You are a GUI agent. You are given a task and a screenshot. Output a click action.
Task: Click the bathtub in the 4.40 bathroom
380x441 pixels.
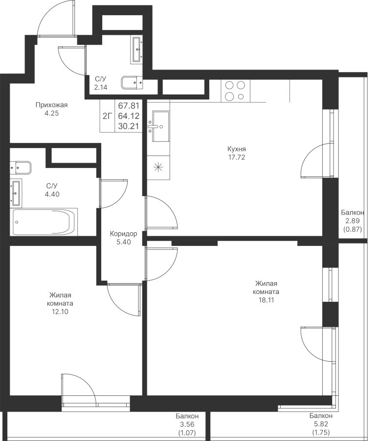point(44,222)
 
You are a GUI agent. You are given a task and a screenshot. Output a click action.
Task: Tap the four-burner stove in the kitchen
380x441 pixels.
point(235,91)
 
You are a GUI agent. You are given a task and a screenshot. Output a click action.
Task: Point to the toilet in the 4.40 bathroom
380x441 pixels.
point(21,168)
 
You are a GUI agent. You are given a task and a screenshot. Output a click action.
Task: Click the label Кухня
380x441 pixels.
point(237,149)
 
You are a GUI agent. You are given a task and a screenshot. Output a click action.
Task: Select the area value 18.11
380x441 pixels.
point(266,300)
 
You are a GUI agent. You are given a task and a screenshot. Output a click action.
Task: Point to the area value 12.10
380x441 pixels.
point(60,312)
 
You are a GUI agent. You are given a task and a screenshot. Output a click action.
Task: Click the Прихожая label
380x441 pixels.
point(52,105)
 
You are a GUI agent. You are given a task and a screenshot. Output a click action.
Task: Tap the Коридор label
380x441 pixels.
point(123,234)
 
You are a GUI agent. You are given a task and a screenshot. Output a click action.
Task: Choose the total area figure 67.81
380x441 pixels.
point(129,106)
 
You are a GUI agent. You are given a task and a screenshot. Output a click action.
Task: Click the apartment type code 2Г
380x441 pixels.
point(107,116)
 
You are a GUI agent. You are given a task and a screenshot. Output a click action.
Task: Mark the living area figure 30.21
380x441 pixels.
point(129,126)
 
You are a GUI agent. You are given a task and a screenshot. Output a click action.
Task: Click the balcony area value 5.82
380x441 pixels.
point(321,424)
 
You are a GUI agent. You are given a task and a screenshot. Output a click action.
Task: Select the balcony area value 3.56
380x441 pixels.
point(187,424)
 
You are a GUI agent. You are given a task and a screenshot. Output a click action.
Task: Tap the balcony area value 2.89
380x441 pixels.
point(353,221)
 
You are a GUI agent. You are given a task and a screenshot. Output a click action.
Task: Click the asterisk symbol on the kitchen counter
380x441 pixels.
point(158,168)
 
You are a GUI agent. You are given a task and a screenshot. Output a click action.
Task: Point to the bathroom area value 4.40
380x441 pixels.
point(52,194)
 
